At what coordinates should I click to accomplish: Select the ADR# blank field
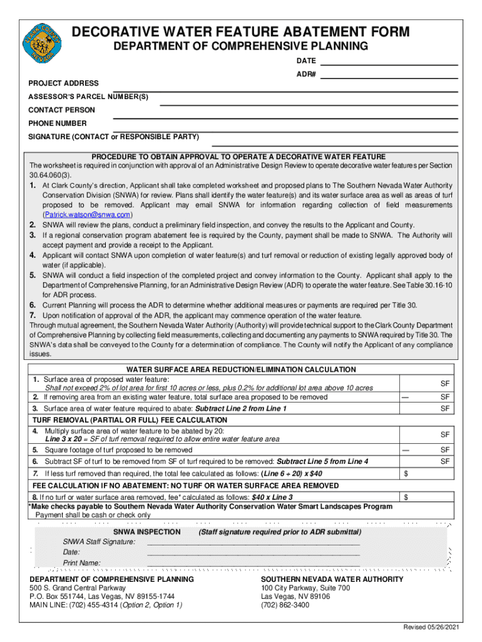click(x=389, y=76)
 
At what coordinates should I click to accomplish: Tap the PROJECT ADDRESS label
click(x=63, y=83)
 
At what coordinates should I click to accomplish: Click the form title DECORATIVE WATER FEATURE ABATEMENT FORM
click(x=241, y=32)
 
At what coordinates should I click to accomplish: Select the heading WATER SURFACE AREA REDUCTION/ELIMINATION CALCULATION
click(x=241, y=370)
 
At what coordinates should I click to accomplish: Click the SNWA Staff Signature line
click(x=253, y=542)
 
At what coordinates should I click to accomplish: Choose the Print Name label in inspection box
click(x=81, y=563)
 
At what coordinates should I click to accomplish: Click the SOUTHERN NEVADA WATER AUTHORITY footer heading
click(x=332, y=579)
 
